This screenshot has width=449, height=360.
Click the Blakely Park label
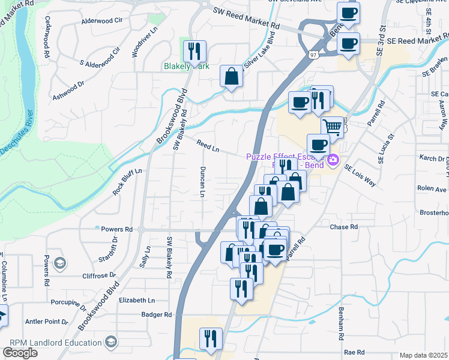click(x=187, y=67)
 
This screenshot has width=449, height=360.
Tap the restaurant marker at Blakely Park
click(x=194, y=50)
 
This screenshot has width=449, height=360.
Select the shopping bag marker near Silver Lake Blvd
click(x=231, y=76)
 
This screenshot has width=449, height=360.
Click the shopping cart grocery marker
click(x=332, y=126)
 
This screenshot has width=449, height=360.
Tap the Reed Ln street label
click(x=207, y=145)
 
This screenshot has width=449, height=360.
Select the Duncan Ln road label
click(x=202, y=182)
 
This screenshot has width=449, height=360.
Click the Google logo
click(x=20, y=353)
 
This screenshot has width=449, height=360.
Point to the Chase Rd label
click(x=344, y=227)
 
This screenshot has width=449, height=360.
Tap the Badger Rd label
click(x=157, y=314)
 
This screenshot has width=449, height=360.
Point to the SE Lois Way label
click(x=360, y=175)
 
